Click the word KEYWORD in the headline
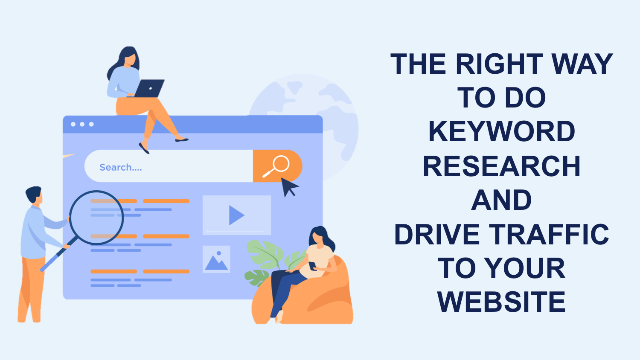tap(502, 132)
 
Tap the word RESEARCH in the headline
tap(502, 166)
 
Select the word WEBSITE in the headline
tap(502, 302)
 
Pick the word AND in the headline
tap(502, 200)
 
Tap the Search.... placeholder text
tap(121, 167)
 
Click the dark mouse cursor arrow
tap(289, 186)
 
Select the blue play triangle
tap(236, 215)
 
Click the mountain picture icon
tap(216, 259)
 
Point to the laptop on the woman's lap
tap(148, 88)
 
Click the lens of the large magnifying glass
tap(96, 217)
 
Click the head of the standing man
tap(34, 195)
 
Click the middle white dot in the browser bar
tap(82, 124)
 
